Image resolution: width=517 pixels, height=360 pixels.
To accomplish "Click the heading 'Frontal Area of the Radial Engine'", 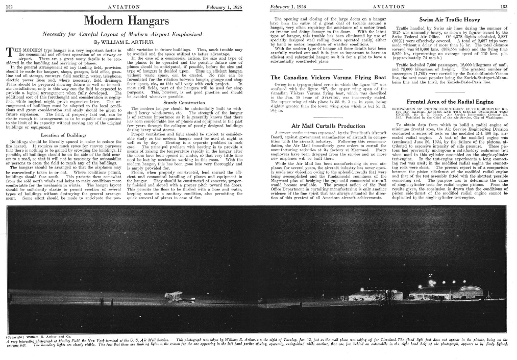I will pyautogui.click(x=449, y=101).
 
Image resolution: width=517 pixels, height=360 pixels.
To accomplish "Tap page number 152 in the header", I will pyautogui.click(x=8, y=6).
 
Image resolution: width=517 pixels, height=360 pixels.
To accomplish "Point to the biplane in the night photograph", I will pyautogui.click(x=174, y=296).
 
